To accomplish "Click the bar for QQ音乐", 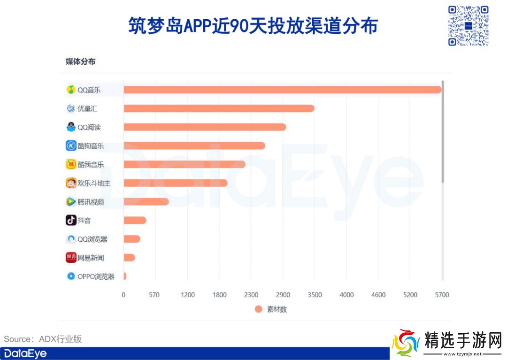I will point(282,90).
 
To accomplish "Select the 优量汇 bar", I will point(219,108).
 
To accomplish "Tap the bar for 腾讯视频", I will point(146,202).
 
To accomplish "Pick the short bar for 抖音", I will point(135,220).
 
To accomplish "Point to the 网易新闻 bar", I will point(129,258).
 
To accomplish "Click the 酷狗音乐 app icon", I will point(71,146).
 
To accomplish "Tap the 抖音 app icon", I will point(71,220).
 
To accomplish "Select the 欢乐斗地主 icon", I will point(71,183).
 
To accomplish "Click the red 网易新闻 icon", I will point(71,258).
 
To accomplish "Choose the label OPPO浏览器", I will point(96,276).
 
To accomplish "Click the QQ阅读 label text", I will point(89,127).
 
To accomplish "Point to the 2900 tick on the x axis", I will point(283,295).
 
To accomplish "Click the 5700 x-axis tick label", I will point(442,295).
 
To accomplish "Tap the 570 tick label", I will point(154,295).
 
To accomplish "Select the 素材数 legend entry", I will point(271,309).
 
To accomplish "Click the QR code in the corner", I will point(468,25).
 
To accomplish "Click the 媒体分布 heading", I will point(80,61).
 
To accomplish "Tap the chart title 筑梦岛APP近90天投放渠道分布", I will point(253,26).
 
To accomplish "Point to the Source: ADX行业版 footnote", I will point(43,339).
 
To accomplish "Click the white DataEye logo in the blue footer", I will point(25,353).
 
